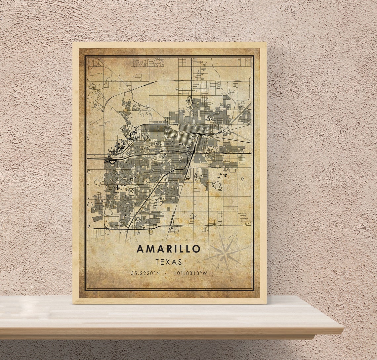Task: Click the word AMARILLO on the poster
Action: pos(168,249)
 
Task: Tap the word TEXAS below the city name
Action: pos(169,262)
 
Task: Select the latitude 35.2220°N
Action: pos(145,273)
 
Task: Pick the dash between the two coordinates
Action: pos(166,273)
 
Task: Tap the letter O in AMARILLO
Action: pos(196,249)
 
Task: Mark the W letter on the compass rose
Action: pos(199,261)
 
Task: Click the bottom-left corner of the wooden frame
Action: pos(73,303)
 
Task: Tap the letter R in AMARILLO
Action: pos(169,249)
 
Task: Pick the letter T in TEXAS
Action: pos(157,262)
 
